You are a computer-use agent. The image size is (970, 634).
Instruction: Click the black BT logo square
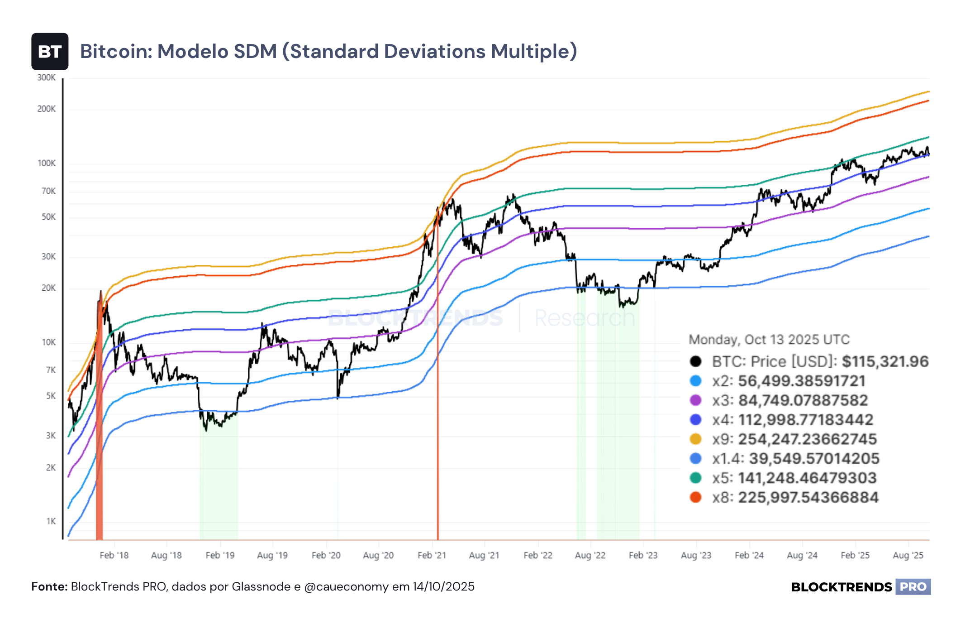(50, 51)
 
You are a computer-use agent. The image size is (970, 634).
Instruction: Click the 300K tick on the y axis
(46, 77)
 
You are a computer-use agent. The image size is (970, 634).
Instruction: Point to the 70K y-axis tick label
(48, 191)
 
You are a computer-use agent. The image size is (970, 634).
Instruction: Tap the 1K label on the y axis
(51, 521)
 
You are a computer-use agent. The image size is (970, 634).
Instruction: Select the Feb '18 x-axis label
(114, 555)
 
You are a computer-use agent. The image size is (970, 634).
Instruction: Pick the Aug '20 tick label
(378, 555)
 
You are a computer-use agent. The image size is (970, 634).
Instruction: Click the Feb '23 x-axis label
(643, 555)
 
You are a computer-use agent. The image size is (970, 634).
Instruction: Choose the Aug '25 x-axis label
(908, 555)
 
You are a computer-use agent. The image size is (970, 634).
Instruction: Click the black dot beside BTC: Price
(695, 361)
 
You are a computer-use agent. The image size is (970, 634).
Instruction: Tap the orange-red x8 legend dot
(695, 497)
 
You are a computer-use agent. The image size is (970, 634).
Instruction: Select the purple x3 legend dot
(695, 400)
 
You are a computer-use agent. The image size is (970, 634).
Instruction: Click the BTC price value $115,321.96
(885, 361)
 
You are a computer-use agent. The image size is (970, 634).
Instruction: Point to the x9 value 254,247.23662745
(808, 439)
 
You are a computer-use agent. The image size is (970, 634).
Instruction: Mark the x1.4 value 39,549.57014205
(814, 458)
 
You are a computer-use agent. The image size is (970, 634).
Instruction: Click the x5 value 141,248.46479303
(808, 478)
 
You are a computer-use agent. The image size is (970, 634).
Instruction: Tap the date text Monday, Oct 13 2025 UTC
(769, 340)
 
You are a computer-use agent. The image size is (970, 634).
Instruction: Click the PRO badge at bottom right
(913, 587)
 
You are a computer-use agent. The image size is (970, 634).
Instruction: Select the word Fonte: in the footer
(49, 586)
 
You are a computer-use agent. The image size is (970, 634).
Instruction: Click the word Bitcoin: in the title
(116, 51)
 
